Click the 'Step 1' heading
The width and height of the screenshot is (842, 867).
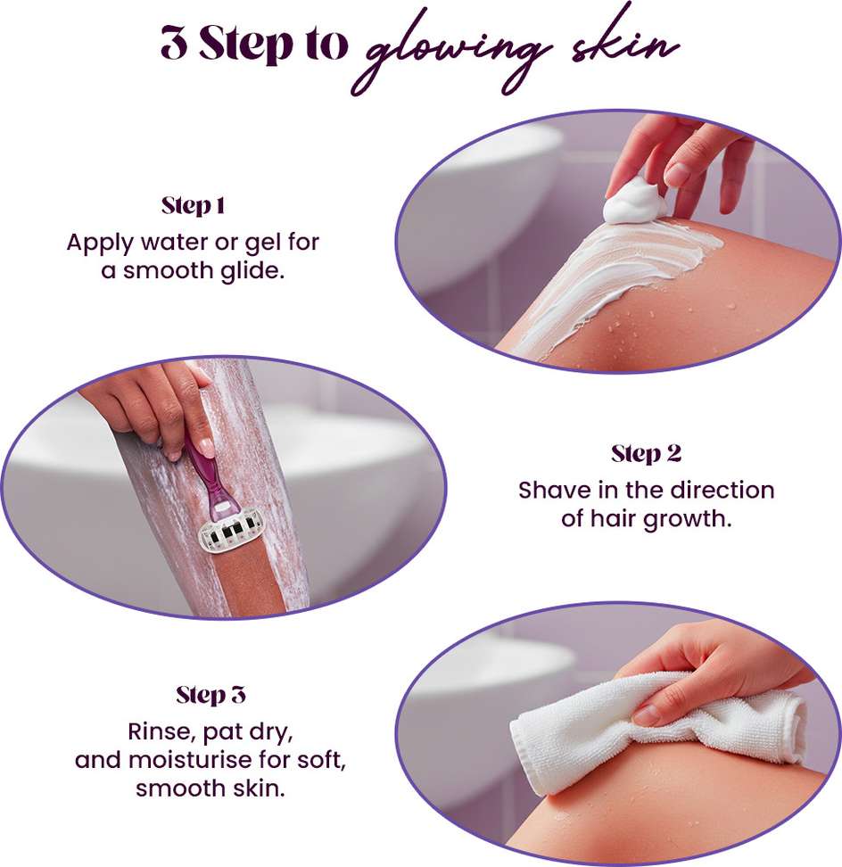[193, 206]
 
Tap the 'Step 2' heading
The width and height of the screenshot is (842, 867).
[646, 454]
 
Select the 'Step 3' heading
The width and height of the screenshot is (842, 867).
[210, 695]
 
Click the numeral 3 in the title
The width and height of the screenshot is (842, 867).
[174, 43]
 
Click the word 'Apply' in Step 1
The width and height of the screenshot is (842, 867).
[100, 244]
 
